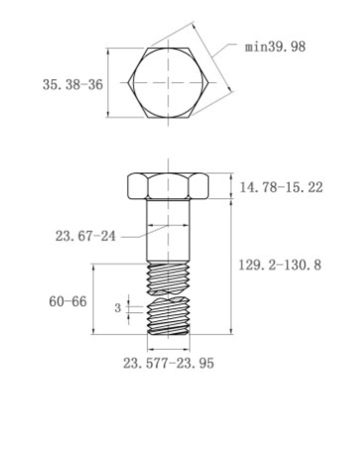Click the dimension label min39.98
pos(275,47)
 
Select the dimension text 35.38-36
pos(72,84)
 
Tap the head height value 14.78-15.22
pos(281,187)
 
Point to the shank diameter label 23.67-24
pos(85,236)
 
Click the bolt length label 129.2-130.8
pos(280,265)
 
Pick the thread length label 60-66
pos(67,301)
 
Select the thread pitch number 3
pos(118,308)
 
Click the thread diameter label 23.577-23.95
pos(169,363)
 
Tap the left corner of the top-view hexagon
pos(128,82)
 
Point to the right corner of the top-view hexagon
pos(208,82)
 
